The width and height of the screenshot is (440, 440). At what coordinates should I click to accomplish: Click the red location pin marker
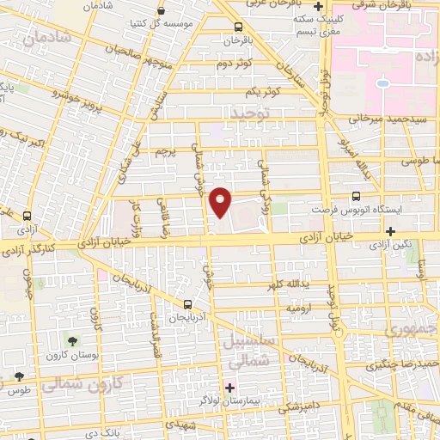(221, 202)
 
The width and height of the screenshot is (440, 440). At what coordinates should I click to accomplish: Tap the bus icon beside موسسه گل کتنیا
(162, 12)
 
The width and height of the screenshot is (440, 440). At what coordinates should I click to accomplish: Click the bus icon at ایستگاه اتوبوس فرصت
(357, 197)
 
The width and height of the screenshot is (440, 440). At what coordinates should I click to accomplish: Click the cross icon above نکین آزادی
(392, 230)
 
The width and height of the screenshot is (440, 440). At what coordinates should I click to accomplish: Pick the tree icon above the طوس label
(18, 376)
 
